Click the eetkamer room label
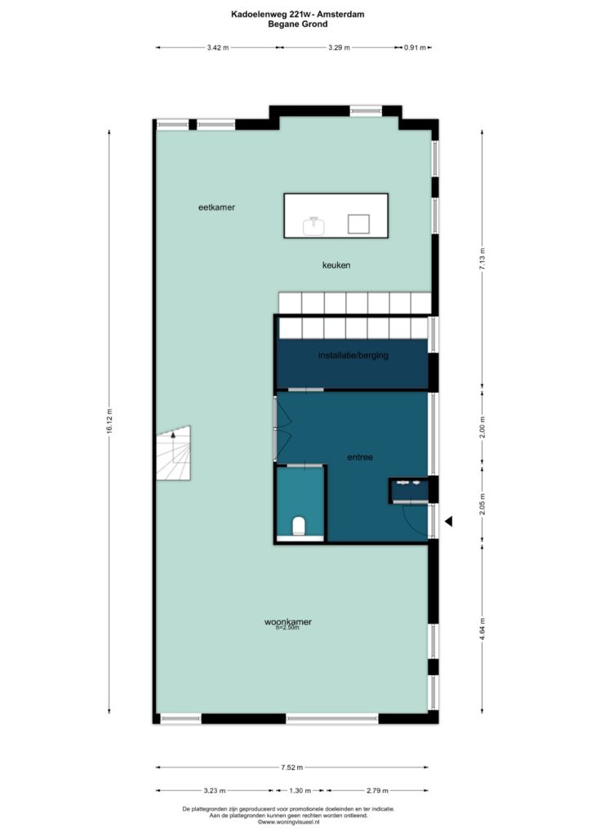click(x=216, y=207)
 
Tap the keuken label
click(x=336, y=265)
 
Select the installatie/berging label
click(x=353, y=355)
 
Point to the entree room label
click(x=360, y=457)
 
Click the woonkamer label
click(x=288, y=621)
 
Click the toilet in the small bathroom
click(x=299, y=526)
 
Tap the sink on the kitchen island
click(x=314, y=225)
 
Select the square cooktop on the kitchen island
click(x=358, y=224)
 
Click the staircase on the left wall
click(x=174, y=454)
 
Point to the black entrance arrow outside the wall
click(x=449, y=522)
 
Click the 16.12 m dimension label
click(x=109, y=421)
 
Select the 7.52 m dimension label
click(x=292, y=767)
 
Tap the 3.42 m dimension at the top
click(x=218, y=47)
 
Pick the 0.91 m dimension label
click(x=415, y=47)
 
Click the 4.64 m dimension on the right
click(x=482, y=629)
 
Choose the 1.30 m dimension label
click(x=300, y=790)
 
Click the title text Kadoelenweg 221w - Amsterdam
click(x=298, y=15)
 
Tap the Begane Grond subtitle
click(x=298, y=24)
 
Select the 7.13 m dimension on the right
click(x=482, y=259)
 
